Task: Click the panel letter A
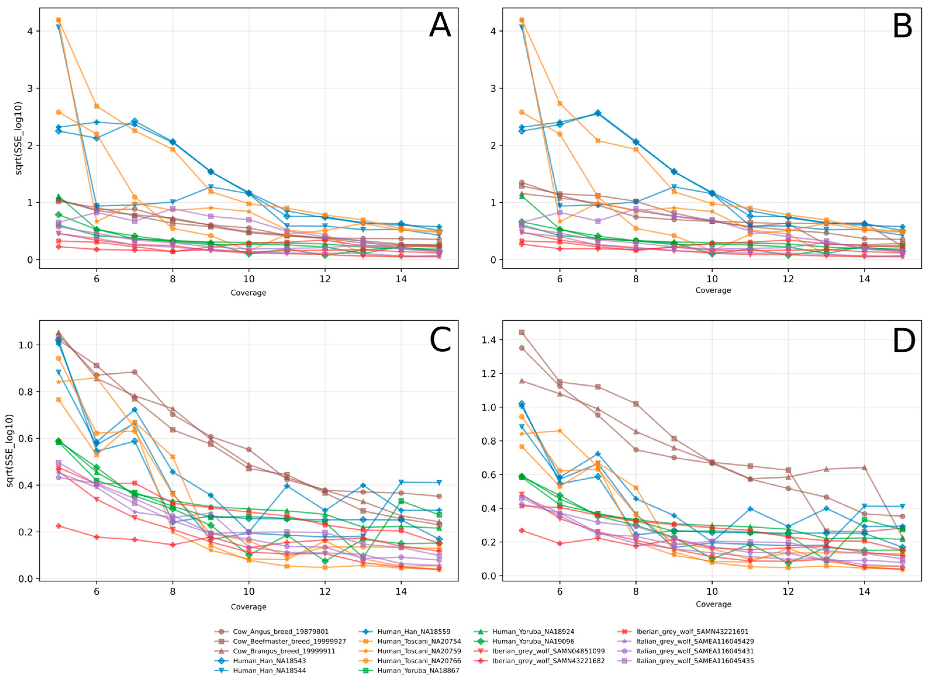point(440,25)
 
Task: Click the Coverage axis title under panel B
point(713,290)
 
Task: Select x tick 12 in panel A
point(325,279)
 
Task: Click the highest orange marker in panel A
point(58,20)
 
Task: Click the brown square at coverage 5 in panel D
point(522,332)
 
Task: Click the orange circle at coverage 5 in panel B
point(522,112)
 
